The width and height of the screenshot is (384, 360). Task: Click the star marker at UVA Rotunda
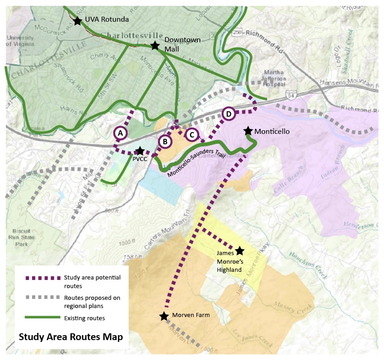tap(77, 20)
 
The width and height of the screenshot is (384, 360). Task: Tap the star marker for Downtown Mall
tap(155, 45)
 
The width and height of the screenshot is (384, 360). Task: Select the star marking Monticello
tap(248, 131)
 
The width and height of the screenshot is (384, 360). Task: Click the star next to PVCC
tap(140, 151)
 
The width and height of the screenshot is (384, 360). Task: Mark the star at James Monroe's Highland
tap(239, 251)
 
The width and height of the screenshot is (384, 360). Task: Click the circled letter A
tap(120, 133)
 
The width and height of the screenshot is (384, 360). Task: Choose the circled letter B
tap(165, 142)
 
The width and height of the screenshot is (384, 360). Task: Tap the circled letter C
tap(192, 134)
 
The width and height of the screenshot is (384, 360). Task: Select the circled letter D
tap(229, 114)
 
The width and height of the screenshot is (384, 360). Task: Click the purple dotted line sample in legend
tap(43, 278)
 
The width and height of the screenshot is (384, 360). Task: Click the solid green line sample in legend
tap(43, 318)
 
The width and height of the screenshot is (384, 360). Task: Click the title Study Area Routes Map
tap(70, 337)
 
